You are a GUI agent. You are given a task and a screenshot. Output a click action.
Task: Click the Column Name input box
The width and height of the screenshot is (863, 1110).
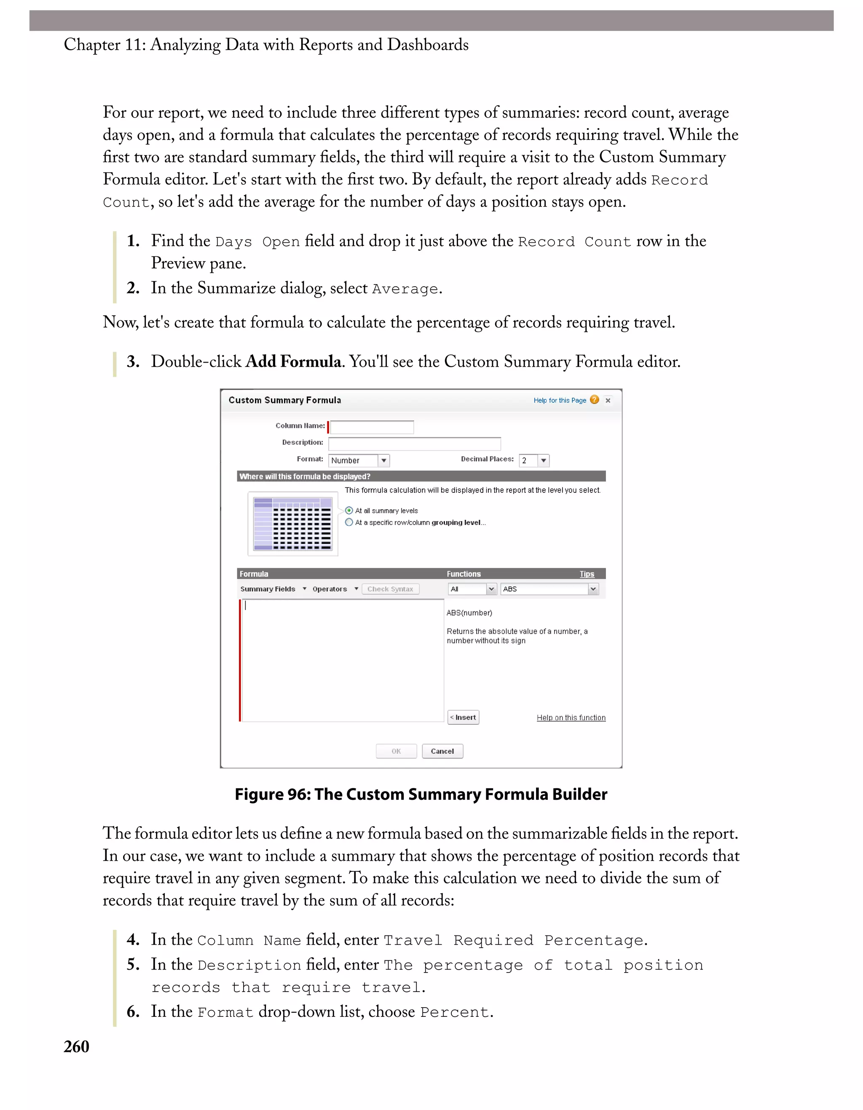pos(371,427)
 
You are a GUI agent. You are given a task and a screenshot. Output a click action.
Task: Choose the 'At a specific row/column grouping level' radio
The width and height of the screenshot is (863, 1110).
pos(349,522)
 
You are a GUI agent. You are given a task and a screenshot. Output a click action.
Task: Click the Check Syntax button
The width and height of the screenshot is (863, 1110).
pos(390,589)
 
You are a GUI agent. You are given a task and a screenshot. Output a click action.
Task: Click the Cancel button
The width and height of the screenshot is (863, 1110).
pos(442,751)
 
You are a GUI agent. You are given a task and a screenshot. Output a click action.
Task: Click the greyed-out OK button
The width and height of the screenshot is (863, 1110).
pos(396,751)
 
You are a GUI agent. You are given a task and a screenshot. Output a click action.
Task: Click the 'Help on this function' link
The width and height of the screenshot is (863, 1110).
pos(571,718)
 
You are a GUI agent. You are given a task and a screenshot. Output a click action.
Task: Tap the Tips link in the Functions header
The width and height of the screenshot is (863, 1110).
pos(587,574)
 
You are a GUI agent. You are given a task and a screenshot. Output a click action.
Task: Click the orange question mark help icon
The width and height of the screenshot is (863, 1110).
pos(594,400)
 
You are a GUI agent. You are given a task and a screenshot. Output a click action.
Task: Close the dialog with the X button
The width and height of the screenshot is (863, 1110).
pos(608,400)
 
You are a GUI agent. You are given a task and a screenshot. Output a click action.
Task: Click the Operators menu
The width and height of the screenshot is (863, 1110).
pos(335,589)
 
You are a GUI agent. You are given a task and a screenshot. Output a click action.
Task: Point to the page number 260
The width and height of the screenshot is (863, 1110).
pos(76,1046)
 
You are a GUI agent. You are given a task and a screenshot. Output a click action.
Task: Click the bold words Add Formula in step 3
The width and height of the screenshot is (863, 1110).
pos(293,362)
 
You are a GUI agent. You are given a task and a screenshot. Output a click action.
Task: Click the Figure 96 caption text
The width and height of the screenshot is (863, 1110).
pos(421,794)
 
